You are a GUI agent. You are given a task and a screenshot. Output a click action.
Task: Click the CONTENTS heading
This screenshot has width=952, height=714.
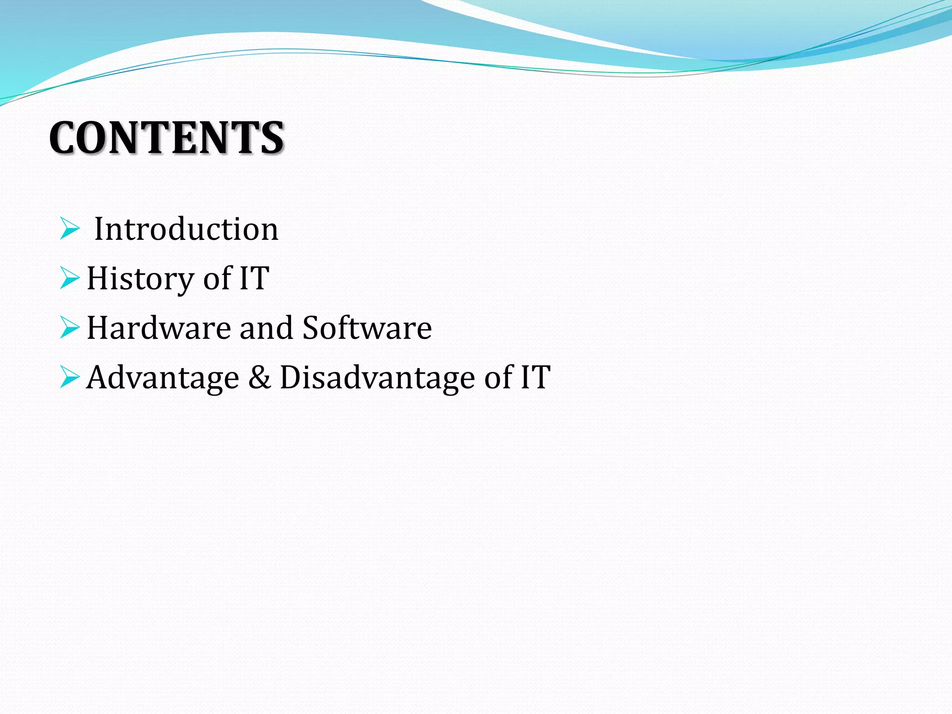[x=166, y=138]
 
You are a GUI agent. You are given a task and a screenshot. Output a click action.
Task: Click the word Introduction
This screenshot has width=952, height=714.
[x=186, y=229]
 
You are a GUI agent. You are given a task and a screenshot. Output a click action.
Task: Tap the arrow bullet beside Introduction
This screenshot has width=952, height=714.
[x=70, y=229]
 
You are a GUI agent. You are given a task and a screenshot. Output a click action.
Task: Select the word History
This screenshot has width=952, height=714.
[x=139, y=278]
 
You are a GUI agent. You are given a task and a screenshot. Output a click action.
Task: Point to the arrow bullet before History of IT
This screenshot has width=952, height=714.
[x=70, y=278]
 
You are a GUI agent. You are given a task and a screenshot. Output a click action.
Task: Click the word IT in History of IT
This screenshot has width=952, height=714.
[x=254, y=278]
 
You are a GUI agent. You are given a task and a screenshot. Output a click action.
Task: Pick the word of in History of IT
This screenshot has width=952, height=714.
[x=218, y=278]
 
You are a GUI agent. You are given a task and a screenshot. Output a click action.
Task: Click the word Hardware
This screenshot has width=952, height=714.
[x=159, y=328]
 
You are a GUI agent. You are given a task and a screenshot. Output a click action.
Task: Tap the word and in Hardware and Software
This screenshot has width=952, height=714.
[x=266, y=328]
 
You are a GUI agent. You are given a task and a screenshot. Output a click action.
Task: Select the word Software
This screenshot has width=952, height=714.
[x=367, y=328]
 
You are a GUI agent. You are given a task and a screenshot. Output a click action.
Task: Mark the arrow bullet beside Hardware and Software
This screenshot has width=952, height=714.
[x=70, y=328]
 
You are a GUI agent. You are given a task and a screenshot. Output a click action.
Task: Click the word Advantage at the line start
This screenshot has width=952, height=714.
[x=163, y=377]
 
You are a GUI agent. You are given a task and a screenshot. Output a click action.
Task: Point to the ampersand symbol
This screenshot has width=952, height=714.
[x=259, y=377]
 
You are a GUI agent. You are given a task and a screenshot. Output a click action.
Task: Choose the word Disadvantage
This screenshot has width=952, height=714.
[x=377, y=377]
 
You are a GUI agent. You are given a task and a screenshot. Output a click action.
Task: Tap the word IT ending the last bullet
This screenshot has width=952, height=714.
[x=535, y=377]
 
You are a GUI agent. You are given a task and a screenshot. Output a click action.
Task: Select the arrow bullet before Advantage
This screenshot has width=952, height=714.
[x=70, y=377]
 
